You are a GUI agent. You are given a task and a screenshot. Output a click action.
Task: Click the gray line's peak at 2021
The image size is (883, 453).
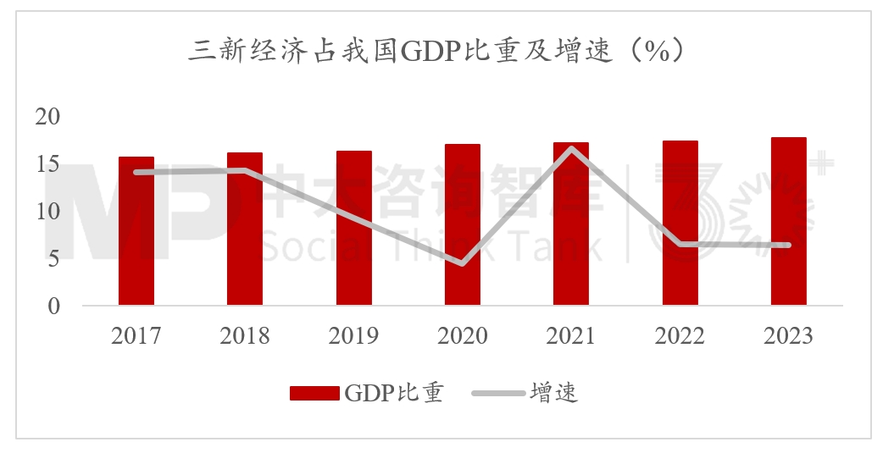(x=572, y=149)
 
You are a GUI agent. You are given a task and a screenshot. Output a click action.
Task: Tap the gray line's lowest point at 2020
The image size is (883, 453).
(x=463, y=263)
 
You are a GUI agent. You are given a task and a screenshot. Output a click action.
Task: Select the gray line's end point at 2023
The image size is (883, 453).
(x=788, y=246)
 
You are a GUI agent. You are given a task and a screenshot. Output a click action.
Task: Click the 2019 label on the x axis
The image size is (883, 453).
(x=353, y=336)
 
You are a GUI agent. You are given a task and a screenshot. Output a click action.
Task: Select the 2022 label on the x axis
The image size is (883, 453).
(x=680, y=336)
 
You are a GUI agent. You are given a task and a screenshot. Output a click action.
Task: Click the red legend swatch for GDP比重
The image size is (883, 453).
(x=314, y=393)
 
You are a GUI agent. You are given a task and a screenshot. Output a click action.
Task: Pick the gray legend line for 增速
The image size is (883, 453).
(x=497, y=393)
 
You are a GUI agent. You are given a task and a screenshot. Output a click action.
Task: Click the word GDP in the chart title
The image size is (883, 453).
(x=422, y=52)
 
